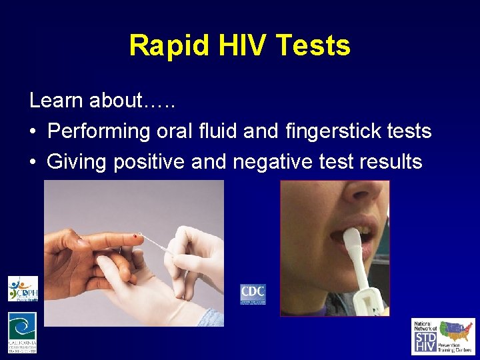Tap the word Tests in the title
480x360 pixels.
[313, 46]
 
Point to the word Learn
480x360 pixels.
[57, 101]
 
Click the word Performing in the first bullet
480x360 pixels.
[99, 131]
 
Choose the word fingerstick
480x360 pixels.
[322, 131]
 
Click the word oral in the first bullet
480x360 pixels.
[175, 131]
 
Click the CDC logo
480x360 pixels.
[253, 293]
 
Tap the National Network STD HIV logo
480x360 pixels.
[443, 336]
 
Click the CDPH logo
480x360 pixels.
[23, 289]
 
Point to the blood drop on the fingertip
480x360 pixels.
[139, 236]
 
